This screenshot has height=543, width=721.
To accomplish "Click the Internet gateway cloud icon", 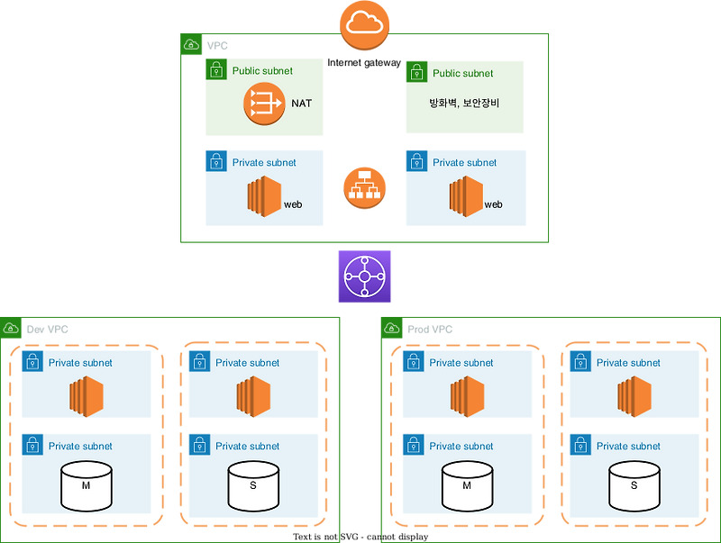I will coord(365,26).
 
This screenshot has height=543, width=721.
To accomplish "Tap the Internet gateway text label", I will coord(364,63).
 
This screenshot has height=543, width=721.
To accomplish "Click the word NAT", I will coord(301,104).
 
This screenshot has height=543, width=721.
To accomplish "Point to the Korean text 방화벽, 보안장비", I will coord(464,103).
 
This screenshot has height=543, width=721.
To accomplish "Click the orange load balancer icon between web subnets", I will coord(365,188).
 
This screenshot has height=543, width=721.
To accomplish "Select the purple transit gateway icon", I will coord(365,276).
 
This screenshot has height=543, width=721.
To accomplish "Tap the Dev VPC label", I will coord(48,330).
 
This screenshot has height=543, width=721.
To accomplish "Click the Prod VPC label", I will coord(430,330).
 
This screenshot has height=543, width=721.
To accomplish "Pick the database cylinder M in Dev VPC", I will coord(86,486).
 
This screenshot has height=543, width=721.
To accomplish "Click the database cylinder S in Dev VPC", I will coord(253,486).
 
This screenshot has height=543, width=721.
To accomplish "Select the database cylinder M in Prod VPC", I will coord(466,486).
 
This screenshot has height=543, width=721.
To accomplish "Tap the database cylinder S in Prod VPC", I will coord(634,486).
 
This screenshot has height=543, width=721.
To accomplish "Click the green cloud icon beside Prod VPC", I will coord(392,328).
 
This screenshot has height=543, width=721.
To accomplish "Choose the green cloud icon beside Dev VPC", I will coord(11,328).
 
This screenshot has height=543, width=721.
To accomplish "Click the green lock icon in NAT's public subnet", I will coord(216,71).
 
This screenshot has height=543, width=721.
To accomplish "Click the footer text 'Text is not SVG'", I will coord(360,537).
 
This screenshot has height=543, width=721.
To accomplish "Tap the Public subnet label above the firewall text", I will coord(463,73).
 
